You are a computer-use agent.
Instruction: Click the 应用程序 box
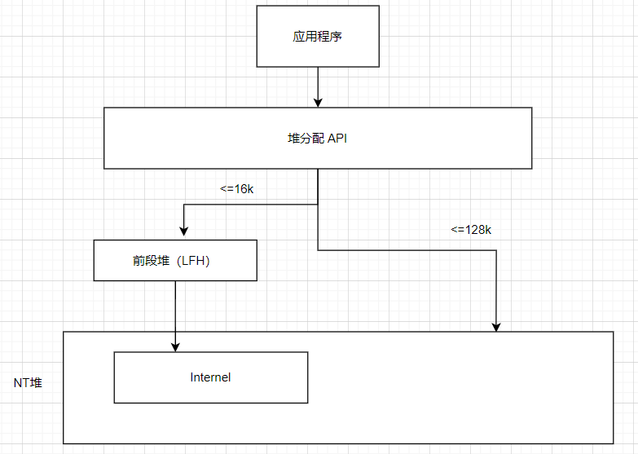(317, 37)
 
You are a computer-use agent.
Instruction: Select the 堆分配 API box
(317, 139)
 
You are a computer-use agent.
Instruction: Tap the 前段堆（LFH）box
(175, 261)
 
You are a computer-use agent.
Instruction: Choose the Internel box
(210, 377)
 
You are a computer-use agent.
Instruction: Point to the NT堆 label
(28, 382)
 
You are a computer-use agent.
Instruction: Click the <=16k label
(237, 189)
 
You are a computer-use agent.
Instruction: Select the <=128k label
(471, 230)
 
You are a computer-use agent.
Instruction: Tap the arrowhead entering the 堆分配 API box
(317, 103)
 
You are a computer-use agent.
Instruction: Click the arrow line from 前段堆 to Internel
(175, 310)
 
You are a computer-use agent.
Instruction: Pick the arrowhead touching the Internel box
(175, 347)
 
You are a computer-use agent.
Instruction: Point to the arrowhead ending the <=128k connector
(496, 327)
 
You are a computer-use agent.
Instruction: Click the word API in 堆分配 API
(337, 139)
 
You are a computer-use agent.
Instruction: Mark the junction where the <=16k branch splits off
(317, 205)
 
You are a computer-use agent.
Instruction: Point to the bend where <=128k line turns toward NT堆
(496, 250)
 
